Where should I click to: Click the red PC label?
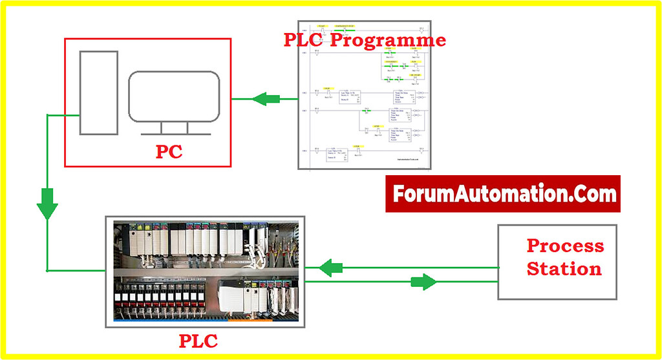click(169, 153)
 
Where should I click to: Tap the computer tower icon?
click(99, 92)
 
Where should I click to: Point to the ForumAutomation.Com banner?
click(502, 194)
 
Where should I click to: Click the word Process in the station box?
click(565, 246)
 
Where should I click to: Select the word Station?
click(564, 269)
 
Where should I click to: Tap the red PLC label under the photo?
click(198, 339)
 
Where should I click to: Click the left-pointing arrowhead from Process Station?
click(332, 268)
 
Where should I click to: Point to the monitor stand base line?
click(173, 134)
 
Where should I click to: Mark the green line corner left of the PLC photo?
click(47, 270)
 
